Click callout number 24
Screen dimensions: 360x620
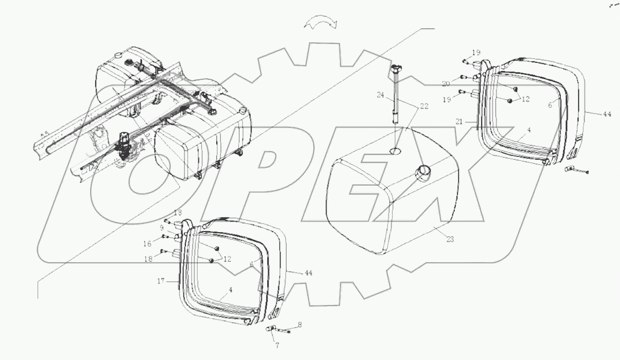click(x=380, y=96)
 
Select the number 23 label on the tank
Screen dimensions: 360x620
click(x=450, y=239)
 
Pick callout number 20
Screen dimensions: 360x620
click(x=446, y=83)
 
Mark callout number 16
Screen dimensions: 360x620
click(x=147, y=244)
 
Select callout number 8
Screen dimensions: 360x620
click(x=300, y=325)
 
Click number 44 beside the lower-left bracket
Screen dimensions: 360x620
click(x=309, y=273)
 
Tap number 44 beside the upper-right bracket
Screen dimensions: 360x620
click(x=607, y=114)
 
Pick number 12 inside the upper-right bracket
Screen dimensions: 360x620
click(x=526, y=98)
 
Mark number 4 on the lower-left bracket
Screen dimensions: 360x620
click(x=231, y=290)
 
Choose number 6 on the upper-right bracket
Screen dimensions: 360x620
click(x=550, y=104)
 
